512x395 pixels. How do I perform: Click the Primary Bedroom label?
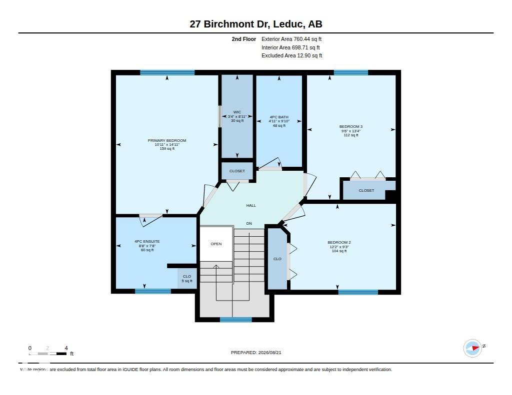click(x=167, y=141)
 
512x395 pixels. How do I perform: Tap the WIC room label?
click(x=237, y=112)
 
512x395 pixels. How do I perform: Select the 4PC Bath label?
click(x=279, y=117)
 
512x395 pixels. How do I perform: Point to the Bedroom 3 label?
click(x=350, y=126)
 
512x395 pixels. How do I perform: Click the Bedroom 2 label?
click(x=339, y=242)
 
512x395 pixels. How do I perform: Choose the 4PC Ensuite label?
click(x=147, y=242)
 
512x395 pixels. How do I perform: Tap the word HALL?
click(x=251, y=206)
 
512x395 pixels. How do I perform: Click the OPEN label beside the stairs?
click(x=216, y=244)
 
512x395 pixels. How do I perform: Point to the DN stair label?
click(x=249, y=223)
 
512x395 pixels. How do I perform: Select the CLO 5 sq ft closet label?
click(x=187, y=279)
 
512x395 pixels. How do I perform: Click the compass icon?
click(x=472, y=348)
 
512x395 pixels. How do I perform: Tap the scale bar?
click(x=47, y=354)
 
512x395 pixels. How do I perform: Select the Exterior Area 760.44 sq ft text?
click(x=291, y=39)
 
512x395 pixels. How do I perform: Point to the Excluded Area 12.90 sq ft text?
click(x=291, y=56)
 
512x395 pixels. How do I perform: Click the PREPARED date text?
click(x=256, y=353)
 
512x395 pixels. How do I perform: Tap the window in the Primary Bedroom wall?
click(x=167, y=72)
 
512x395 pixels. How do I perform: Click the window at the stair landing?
click(x=236, y=320)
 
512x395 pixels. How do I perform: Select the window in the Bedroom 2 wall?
click(x=358, y=292)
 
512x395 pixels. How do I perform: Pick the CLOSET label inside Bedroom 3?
click(x=366, y=190)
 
